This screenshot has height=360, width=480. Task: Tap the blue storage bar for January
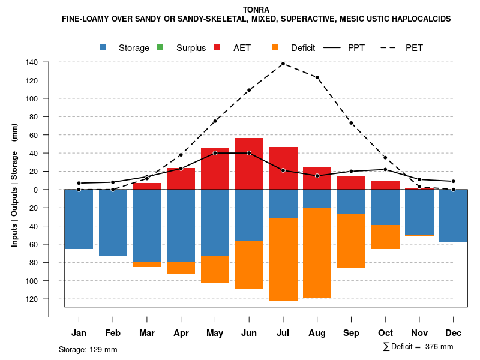(x=79, y=219)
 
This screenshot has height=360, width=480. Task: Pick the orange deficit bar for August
(x=317, y=253)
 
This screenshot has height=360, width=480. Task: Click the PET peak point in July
(x=283, y=64)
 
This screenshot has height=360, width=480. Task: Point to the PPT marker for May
(x=215, y=153)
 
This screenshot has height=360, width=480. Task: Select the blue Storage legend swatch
(x=103, y=48)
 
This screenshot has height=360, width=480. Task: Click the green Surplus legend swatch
(x=160, y=48)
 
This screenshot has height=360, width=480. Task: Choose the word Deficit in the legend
(x=303, y=48)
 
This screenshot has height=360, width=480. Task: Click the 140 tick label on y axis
(x=32, y=62)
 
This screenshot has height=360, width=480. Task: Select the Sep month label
(x=351, y=333)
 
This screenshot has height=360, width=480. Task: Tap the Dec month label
(x=454, y=333)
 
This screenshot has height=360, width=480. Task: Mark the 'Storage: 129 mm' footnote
(x=88, y=349)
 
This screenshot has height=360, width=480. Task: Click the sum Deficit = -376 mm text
(x=418, y=347)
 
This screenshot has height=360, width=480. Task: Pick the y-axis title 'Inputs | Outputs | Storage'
(x=14, y=185)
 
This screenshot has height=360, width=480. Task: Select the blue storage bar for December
(x=453, y=216)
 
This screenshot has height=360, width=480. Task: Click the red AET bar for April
(x=181, y=179)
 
